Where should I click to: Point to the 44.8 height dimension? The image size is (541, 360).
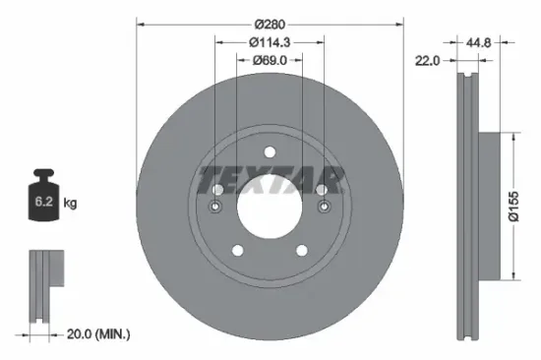[480, 42]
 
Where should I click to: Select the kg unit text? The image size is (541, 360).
[71, 203]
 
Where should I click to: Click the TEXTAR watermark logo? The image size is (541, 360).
[270, 180]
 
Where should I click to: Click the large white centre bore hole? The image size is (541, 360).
[270, 206]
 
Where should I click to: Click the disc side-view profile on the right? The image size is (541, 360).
[469, 206]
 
